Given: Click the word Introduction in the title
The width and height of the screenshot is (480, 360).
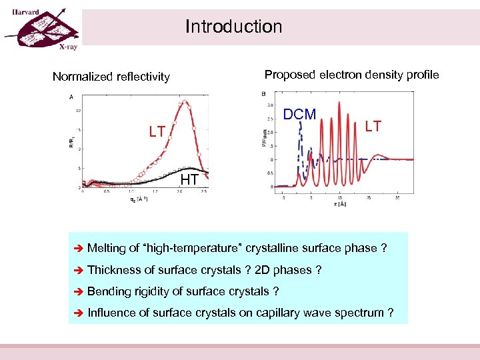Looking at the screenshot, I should pyautogui.click(x=233, y=27).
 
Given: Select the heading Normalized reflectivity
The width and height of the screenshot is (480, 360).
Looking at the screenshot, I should pyautogui.click(x=111, y=77).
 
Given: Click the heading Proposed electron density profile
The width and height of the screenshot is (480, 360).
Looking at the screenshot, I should pyautogui.click(x=351, y=75).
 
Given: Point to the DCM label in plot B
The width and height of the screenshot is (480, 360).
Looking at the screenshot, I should pyautogui.click(x=300, y=115).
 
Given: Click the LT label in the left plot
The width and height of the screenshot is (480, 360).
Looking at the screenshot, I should pyautogui.click(x=157, y=132).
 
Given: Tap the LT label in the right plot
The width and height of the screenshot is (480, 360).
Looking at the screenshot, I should pyautogui.click(x=373, y=126).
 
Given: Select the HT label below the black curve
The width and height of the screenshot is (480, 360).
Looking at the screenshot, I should pyautogui.click(x=189, y=179).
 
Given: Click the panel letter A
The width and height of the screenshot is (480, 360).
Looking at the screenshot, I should pyautogui.click(x=71, y=97).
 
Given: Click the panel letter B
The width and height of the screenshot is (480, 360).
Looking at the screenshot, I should pyautogui.click(x=265, y=93).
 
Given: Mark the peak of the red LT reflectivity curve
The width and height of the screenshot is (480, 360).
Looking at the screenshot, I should pyautogui.click(x=184, y=102).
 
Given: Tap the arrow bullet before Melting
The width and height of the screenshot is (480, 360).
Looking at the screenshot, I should pyautogui.click(x=77, y=249).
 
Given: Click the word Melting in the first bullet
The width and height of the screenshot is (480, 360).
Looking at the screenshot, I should pyautogui.click(x=107, y=249).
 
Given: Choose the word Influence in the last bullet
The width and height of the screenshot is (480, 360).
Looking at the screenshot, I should pyautogui.click(x=111, y=313).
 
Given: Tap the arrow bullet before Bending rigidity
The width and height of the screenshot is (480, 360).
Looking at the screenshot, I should pyautogui.click(x=77, y=291).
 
